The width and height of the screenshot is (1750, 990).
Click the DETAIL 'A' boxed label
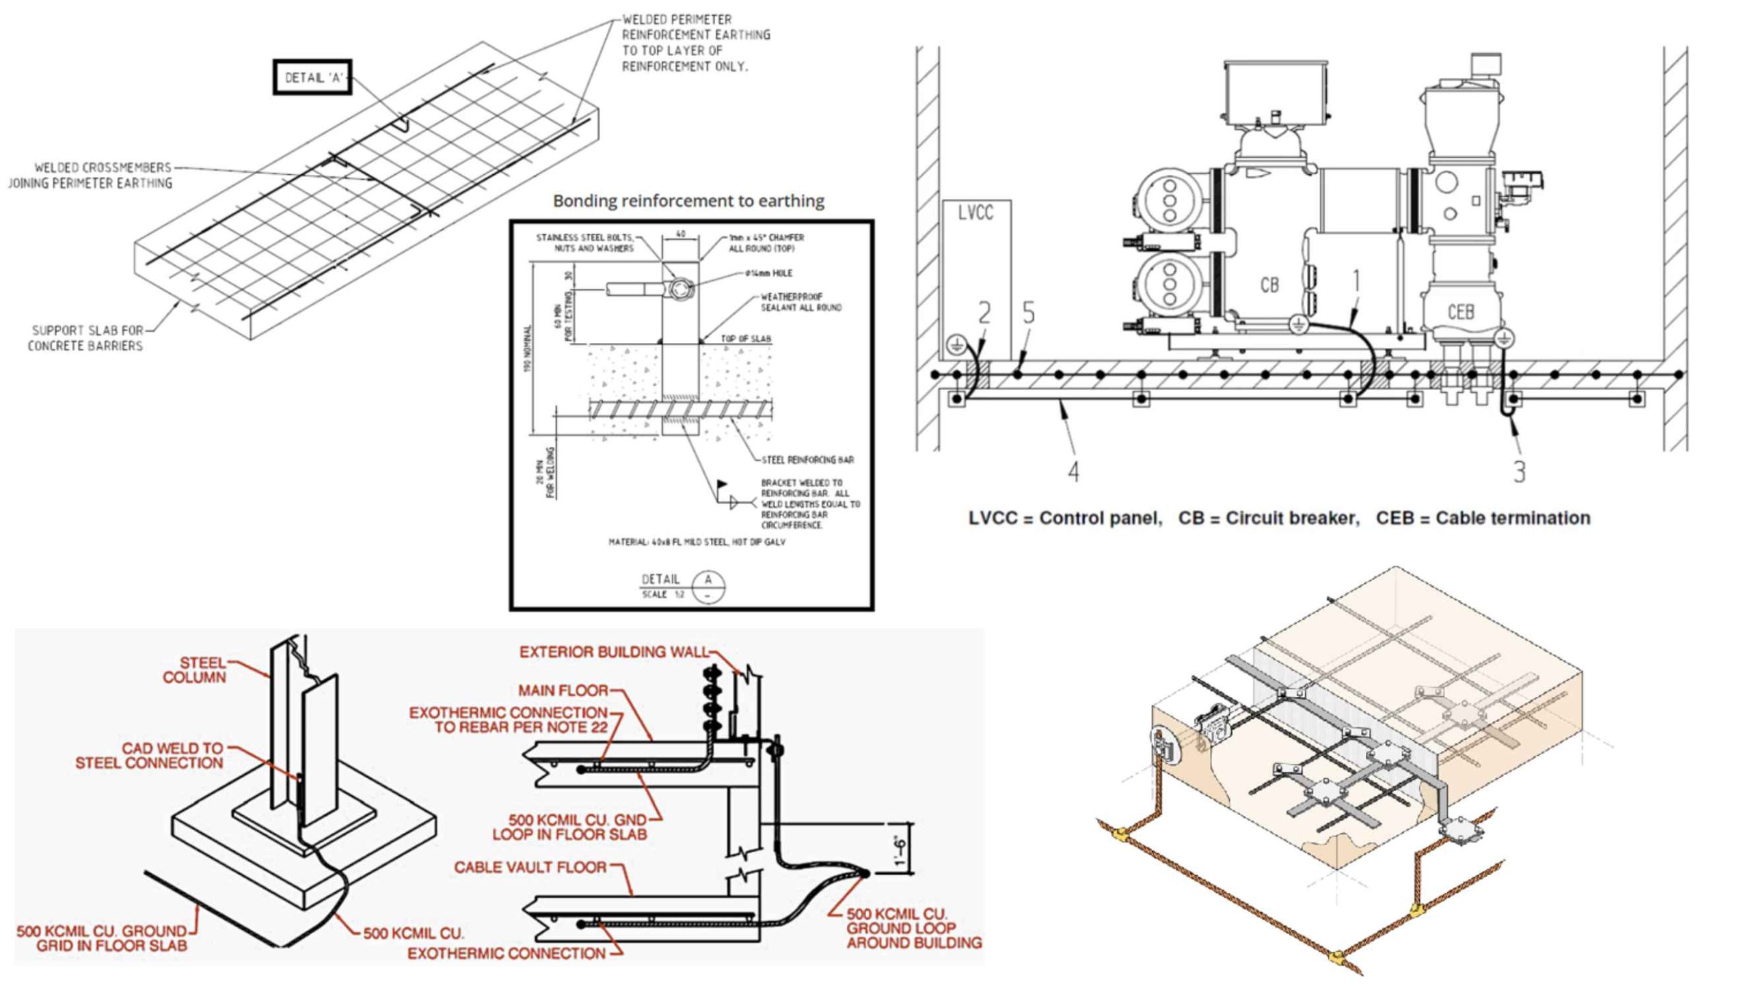312,77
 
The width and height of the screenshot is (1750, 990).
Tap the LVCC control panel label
975,214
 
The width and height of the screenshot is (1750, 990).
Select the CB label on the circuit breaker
1269,284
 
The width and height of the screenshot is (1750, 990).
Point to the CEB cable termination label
1460,312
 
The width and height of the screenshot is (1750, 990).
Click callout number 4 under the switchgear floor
1073,471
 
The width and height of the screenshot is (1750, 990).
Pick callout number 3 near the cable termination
1519,471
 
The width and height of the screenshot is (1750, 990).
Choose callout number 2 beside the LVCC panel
984,313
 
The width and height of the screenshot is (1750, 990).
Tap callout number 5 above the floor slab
1028,313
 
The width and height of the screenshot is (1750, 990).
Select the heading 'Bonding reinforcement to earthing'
688,201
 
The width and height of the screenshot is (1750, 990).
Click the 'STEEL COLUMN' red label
194,670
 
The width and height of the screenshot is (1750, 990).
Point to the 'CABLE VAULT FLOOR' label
530,867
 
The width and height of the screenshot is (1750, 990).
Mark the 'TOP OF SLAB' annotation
745,339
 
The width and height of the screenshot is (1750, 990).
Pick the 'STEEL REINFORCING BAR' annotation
807,460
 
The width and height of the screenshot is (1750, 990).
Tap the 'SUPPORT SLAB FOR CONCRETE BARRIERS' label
85,338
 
